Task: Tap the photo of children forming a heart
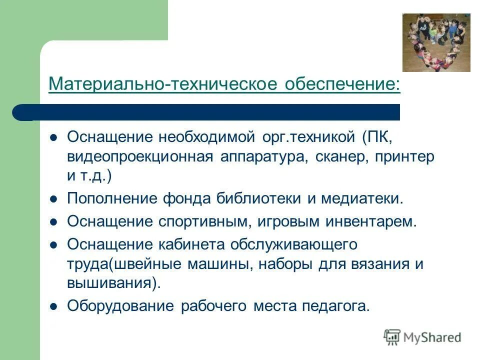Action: pos(436,42)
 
